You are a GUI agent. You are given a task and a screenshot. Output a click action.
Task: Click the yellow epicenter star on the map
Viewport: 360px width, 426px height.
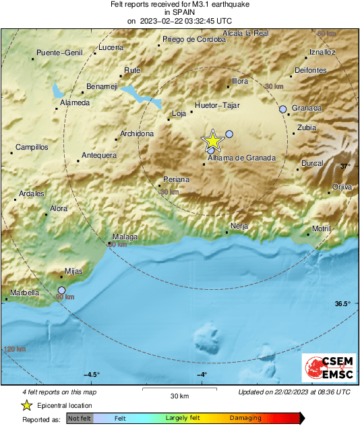coord(212,140)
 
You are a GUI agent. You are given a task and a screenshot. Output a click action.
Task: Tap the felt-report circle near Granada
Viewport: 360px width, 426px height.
coord(283,109)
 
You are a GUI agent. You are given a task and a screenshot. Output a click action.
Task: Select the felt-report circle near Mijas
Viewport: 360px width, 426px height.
coord(62,291)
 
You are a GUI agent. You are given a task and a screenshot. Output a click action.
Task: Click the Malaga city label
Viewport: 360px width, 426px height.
coord(125,237)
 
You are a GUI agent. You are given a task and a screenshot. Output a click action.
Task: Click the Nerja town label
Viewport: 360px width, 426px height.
coord(240,226)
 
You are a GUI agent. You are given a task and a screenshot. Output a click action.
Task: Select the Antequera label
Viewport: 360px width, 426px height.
coord(99,155)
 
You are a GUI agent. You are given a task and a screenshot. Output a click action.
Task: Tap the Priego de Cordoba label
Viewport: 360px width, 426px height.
coord(193,40)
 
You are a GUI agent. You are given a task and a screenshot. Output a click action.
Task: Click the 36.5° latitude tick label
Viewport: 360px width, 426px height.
coord(342,304)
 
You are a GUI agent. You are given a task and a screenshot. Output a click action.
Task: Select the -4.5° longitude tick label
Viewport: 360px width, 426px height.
coord(92,375)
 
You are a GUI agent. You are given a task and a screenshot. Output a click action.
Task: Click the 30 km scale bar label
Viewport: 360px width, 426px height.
coord(179,396)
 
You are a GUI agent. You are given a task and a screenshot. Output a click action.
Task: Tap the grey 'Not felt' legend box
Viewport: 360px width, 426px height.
coord(80,418)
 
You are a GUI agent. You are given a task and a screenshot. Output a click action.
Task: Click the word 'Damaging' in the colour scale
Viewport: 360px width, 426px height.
coord(245,418)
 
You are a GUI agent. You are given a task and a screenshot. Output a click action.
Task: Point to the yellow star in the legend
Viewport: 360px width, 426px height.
coord(26,405)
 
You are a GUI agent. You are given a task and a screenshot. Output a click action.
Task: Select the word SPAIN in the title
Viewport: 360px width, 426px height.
coord(179,12)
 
